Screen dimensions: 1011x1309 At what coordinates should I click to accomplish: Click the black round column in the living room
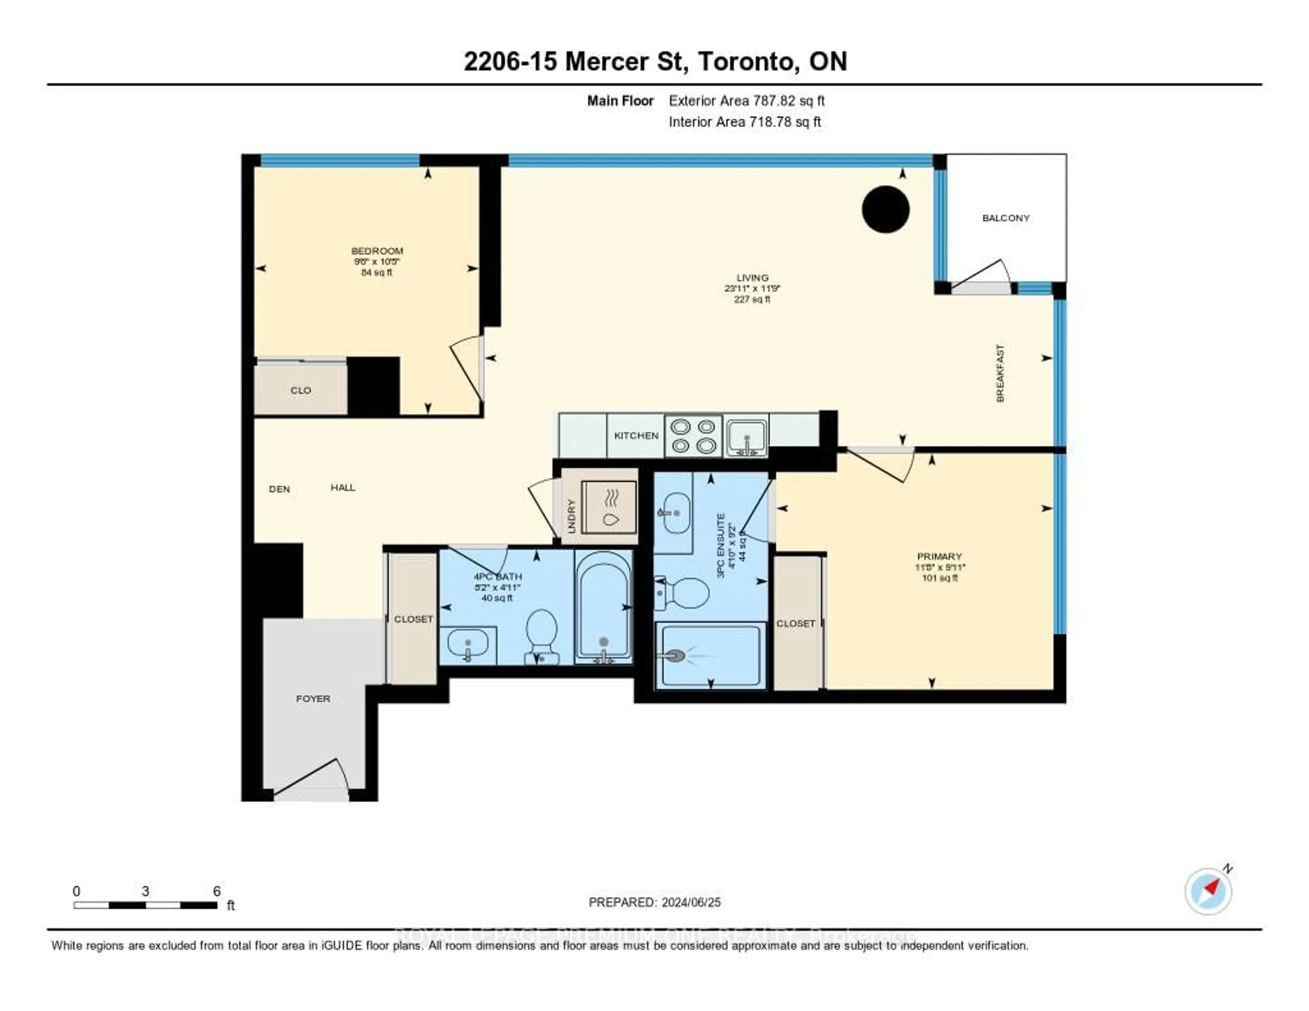[885, 209]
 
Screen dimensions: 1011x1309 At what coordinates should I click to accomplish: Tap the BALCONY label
[1006, 218]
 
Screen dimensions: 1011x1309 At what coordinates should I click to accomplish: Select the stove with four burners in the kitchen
[693, 436]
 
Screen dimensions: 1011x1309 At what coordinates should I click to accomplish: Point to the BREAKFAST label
[999, 373]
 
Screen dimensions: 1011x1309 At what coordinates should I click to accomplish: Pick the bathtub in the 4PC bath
[604, 606]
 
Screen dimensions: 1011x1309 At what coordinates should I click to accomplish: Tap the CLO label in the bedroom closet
[300, 390]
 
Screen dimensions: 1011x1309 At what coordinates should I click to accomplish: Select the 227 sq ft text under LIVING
[752, 299]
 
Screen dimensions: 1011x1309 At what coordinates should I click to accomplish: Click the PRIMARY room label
[939, 556]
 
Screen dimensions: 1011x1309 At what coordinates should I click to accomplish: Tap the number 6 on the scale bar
[217, 891]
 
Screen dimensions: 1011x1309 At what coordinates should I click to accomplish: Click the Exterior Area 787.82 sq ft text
[747, 101]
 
